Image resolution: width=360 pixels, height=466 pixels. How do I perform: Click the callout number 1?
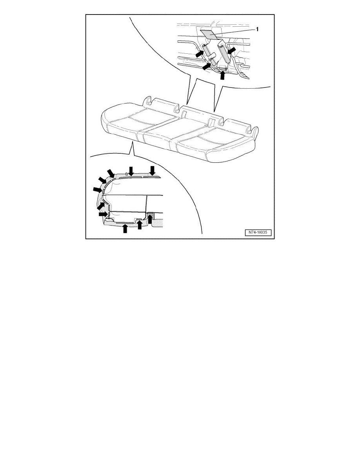[x=257, y=29]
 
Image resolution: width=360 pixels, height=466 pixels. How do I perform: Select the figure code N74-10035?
[x=258, y=232]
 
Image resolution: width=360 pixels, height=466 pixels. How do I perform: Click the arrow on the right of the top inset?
[x=232, y=50]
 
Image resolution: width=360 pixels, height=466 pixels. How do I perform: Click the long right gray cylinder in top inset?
[x=224, y=51]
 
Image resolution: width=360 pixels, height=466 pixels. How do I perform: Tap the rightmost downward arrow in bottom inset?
[x=153, y=171]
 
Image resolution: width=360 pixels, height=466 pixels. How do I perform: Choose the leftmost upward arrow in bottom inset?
[x=125, y=229]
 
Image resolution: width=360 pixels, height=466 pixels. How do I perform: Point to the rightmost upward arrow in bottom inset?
[x=150, y=219]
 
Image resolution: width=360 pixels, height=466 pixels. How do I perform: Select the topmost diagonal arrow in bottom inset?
[x=111, y=173]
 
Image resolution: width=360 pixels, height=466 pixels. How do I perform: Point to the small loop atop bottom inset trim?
[x=127, y=173]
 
